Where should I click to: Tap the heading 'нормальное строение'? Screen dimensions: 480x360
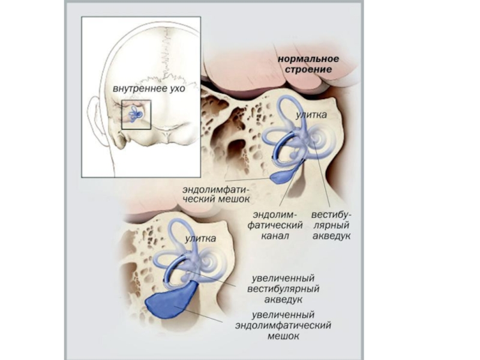point(309,64)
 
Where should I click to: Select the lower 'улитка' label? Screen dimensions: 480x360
point(200,239)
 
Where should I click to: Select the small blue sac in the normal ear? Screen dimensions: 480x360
point(281,175)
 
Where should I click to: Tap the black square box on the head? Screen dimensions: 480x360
point(136,115)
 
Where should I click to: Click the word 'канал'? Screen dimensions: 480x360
point(276,236)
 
